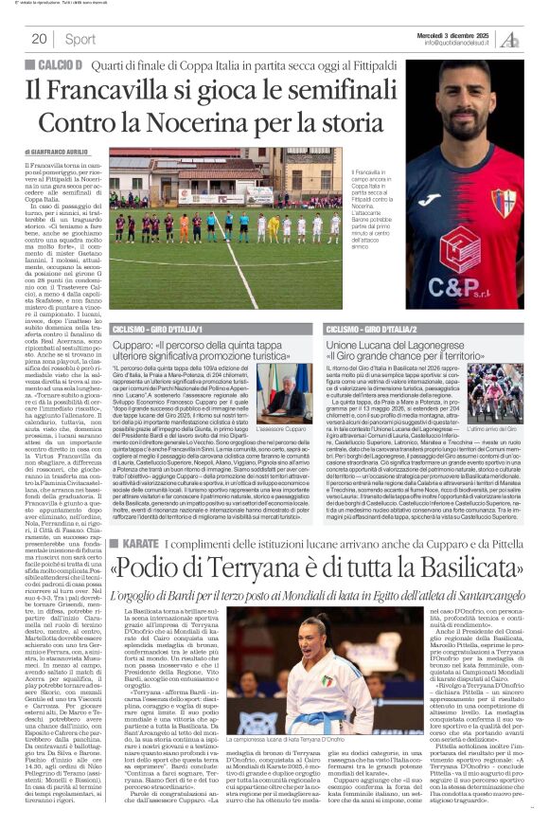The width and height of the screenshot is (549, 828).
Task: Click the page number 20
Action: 39,39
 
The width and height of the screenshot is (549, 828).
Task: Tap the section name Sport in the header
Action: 80,39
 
